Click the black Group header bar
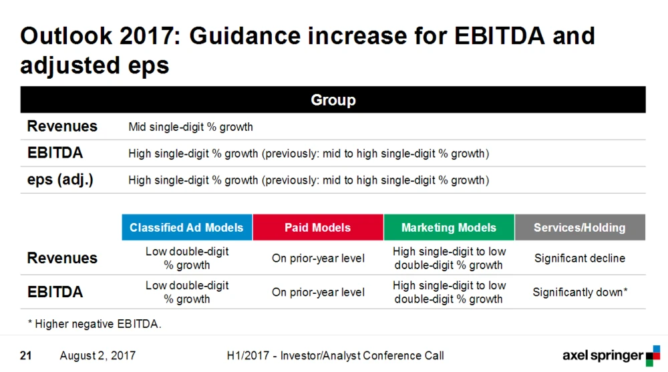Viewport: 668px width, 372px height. point(333,100)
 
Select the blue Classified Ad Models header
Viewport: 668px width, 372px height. point(187,228)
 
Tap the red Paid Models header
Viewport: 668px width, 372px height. point(318,228)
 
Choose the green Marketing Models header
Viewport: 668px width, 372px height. point(449,228)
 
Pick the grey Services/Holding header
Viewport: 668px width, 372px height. point(580,228)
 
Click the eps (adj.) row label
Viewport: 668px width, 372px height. point(60,180)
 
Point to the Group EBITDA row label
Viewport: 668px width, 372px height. point(55,153)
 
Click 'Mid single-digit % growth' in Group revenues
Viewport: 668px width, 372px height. point(190,127)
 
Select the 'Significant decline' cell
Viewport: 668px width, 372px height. point(580,258)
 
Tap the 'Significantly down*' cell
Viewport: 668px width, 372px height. point(580,293)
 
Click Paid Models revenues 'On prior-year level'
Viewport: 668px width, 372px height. point(318,258)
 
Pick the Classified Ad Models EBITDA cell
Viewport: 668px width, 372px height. point(187,293)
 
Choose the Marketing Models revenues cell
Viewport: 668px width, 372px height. point(449,258)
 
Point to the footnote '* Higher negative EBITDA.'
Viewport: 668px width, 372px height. point(95,324)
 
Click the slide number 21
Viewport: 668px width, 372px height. point(25,355)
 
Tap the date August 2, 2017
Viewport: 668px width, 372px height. point(98,355)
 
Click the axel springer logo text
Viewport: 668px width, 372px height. point(603,355)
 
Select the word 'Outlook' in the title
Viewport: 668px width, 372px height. point(66,36)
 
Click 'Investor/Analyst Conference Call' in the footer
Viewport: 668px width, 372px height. point(362,355)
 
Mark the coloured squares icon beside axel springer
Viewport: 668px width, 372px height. point(653,356)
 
